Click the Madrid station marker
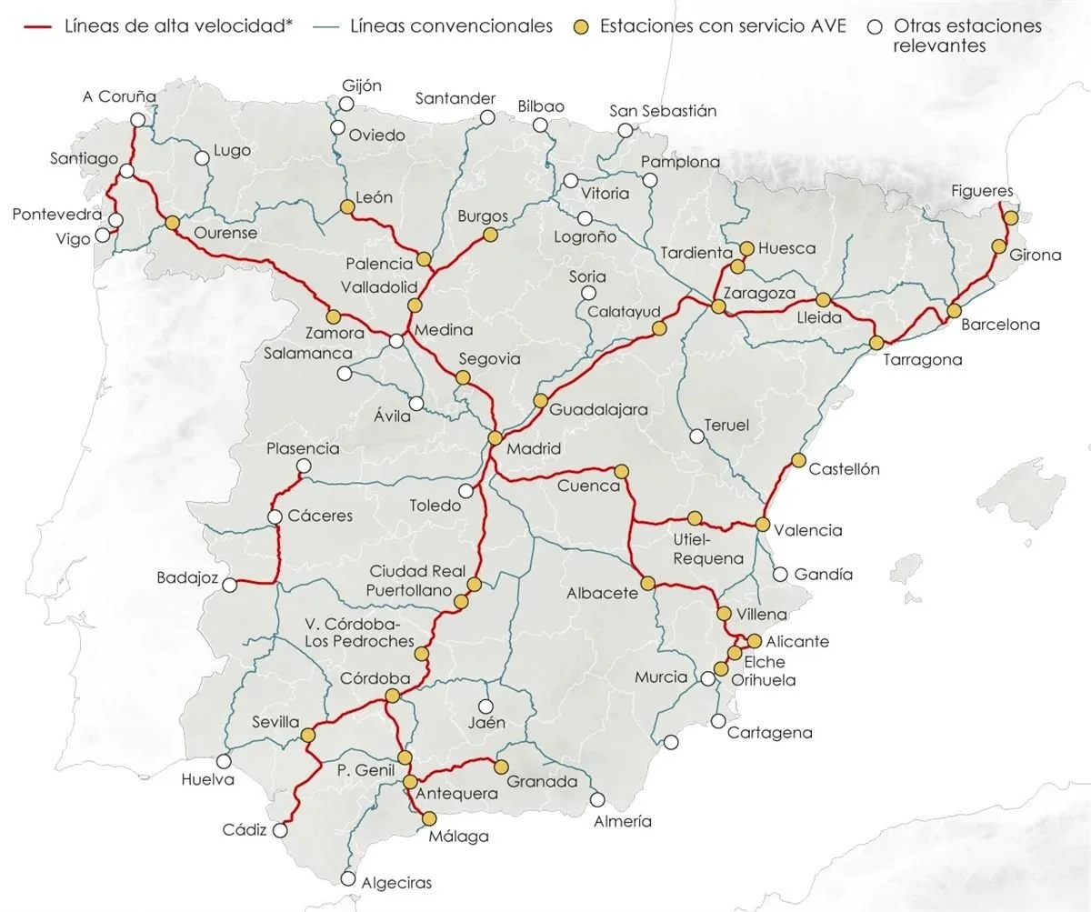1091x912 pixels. [495, 437]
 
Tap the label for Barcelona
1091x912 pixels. [1000, 325]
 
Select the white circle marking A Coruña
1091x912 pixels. [137, 120]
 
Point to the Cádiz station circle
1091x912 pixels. [280, 830]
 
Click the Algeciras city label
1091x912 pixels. [396, 882]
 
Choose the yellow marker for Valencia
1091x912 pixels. [763, 525]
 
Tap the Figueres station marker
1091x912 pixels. [1009, 217]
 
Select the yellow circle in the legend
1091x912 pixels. [580, 26]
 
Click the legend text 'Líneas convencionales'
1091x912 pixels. [451, 26]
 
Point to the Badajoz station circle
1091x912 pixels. [231, 586]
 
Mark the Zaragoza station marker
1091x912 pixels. [718, 307]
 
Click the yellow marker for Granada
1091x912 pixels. [500, 767]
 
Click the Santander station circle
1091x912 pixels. [487, 117]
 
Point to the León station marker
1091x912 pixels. [346, 207]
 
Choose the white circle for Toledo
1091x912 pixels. [465, 491]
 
